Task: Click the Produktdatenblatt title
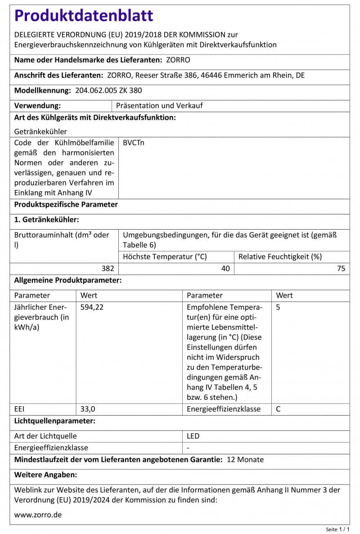coord(84,16)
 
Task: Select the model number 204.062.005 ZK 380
coord(108,91)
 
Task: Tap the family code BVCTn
coord(134,143)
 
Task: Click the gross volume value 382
coord(108,269)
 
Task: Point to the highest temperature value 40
coord(225,269)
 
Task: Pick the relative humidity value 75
coord(341,269)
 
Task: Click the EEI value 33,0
coord(88,409)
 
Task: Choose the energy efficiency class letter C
coord(279,409)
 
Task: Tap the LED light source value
coord(193,436)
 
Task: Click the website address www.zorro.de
coord(38,515)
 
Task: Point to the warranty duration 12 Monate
coord(245,460)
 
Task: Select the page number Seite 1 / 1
coord(337,529)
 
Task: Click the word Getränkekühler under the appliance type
coord(40,131)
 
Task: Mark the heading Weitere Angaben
coord(45,475)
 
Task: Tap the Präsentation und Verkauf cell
coord(159,106)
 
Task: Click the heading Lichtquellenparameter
coord(54,421)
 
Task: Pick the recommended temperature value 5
coord(278,308)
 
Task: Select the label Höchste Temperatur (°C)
coord(165,257)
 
